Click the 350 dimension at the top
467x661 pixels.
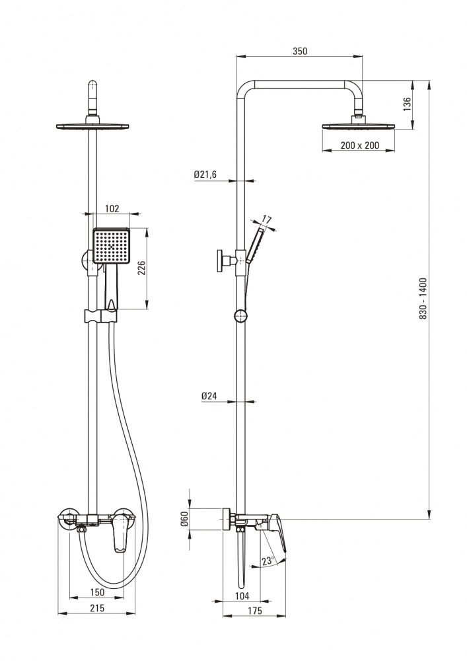click(x=299, y=51)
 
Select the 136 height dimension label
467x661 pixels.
click(x=407, y=104)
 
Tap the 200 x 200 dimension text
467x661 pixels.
click(x=361, y=145)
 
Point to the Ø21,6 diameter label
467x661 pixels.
click(x=205, y=175)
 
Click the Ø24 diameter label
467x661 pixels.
click(x=210, y=397)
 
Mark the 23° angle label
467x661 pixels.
click(x=268, y=561)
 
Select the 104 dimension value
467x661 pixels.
click(x=240, y=598)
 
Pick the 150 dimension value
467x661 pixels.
click(x=97, y=592)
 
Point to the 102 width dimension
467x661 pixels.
click(x=112, y=208)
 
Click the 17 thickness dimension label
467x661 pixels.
click(x=267, y=219)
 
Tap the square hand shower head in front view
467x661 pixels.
click(x=112, y=246)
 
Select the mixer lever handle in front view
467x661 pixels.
click(x=120, y=534)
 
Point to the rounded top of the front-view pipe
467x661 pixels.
click(x=93, y=85)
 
